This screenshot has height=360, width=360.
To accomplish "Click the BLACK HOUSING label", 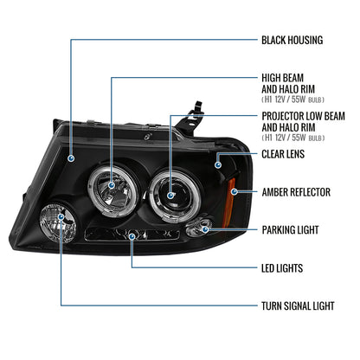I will (292, 40).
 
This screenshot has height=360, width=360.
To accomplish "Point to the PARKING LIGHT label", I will (291, 230).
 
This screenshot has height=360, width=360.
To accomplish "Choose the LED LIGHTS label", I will (282, 268).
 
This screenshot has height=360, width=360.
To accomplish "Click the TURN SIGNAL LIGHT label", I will (298, 306).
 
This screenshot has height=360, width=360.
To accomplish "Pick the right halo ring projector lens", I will (170, 188).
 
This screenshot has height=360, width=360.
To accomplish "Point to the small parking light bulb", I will (200, 229).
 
